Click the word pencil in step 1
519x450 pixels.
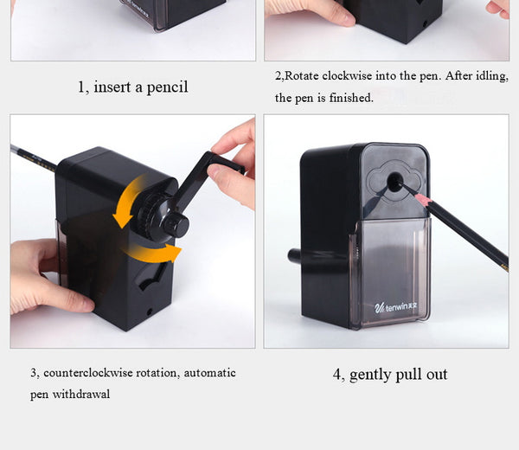(167, 87)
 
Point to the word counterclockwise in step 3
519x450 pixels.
(88, 373)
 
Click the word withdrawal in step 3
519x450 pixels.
(81, 394)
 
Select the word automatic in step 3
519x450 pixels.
(210, 373)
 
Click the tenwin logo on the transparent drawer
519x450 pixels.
(396, 307)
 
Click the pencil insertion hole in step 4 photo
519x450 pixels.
(394, 182)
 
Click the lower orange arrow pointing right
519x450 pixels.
(154, 252)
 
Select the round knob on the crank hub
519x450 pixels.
(176, 224)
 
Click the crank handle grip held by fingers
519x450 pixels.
(226, 162)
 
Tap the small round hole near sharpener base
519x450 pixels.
(150, 312)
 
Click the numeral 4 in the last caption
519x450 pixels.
(336, 375)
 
